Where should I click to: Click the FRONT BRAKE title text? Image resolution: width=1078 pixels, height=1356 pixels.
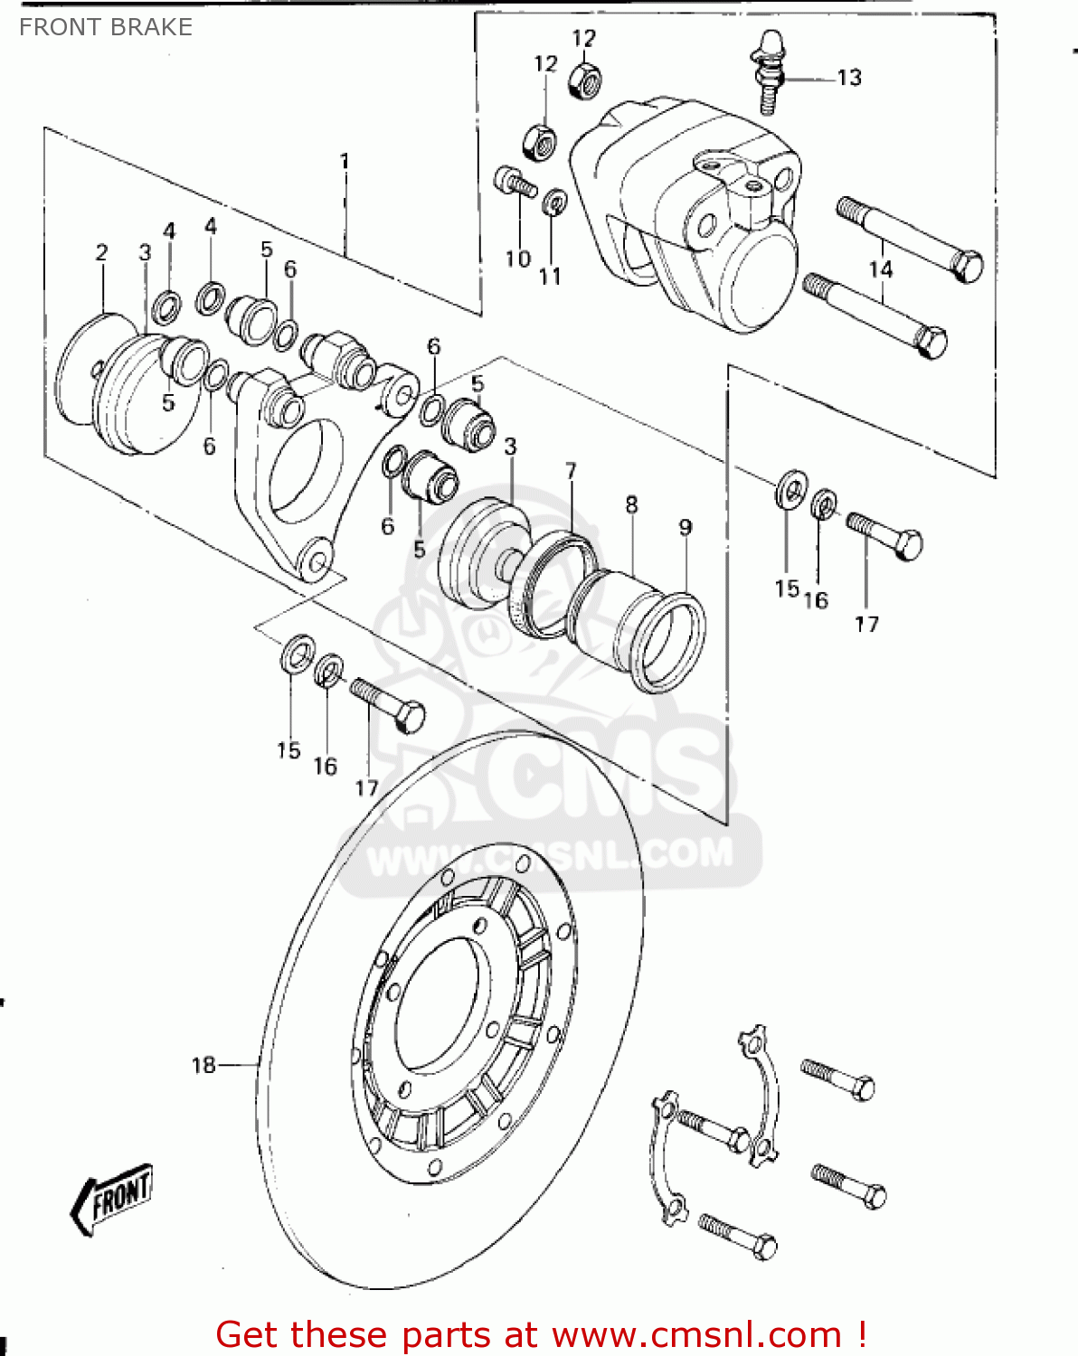click(106, 27)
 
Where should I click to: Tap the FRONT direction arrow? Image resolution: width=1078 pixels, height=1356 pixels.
click(112, 1198)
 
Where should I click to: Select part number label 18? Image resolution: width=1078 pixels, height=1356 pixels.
click(203, 1065)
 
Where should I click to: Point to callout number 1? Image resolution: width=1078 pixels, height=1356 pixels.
click(345, 161)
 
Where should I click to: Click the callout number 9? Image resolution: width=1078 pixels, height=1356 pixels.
click(686, 527)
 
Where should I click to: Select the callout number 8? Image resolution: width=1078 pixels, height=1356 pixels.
click(631, 504)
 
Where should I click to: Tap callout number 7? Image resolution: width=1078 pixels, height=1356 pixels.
click(571, 471)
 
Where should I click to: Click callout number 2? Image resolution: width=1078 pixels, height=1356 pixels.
click(101, 252)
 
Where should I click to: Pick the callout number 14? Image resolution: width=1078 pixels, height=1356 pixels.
click(881, 268)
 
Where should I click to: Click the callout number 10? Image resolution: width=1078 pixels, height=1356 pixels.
click(517, 259)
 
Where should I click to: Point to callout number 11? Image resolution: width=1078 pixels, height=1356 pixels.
click(550, 276)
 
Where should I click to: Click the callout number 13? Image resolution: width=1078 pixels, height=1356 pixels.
click(849, 78)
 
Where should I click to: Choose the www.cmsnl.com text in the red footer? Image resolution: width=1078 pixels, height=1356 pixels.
click(696, 1335)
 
